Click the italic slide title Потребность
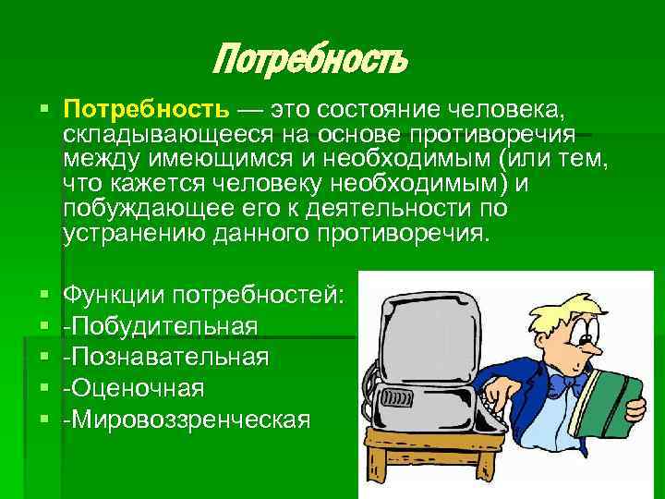(x=309, y=61)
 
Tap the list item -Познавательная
(x=165, y=357)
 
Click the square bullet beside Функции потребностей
(x=45, y=296)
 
